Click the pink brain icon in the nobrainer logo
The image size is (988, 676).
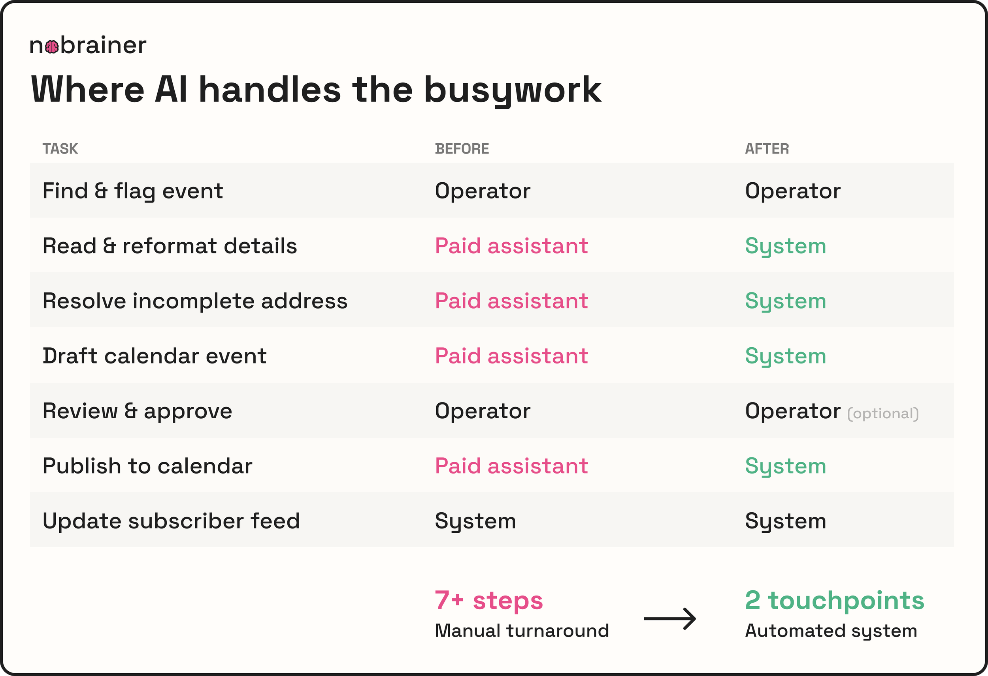pos(52,47)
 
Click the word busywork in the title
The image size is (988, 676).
pos(513,90)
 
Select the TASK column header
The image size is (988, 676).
pos(60,149)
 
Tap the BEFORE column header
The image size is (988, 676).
pos(462,149)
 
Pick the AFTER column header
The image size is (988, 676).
pos(767,149)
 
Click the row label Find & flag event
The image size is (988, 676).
pos(133,191)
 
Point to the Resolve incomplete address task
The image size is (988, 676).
pos(195,301)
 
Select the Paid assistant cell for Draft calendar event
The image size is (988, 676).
pos(511,356)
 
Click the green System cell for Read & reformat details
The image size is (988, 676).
pos(785,246)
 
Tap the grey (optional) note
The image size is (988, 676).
pos(883,413)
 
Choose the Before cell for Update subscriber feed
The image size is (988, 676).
pos(475,521)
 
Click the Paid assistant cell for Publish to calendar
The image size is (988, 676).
pos(511,466)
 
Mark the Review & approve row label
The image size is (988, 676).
pos(137,411)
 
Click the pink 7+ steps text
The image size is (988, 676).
pos(489,600)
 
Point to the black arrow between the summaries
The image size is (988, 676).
pos(669,619)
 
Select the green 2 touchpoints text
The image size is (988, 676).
pos(835,600)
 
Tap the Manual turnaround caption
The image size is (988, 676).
pos(522,631)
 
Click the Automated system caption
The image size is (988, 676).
pos(831,631)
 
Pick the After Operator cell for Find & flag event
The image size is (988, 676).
pos(793,191)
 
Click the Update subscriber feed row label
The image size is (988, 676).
pos(171,521)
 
